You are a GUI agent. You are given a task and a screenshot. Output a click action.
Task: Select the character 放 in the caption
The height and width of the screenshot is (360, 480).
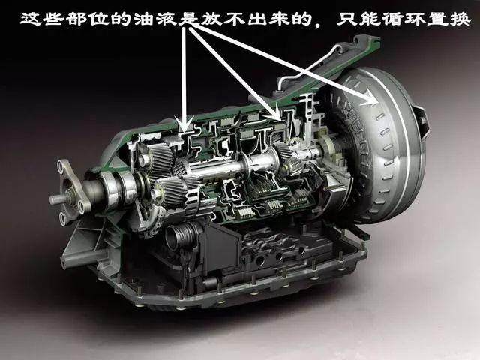coord(212,19)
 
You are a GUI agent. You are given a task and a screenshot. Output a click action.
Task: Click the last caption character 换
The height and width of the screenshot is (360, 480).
coord(460,19)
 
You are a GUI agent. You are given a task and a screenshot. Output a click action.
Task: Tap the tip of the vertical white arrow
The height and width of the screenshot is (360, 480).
coord(184,132)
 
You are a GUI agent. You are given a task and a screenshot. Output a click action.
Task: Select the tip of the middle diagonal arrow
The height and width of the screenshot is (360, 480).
coord(280,120)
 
